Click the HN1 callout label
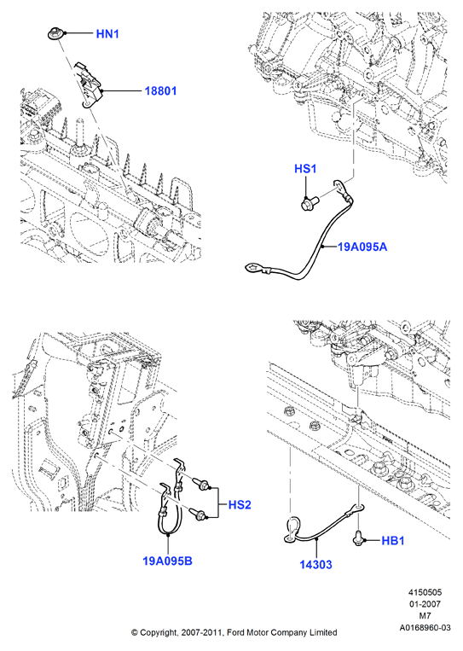pyautogui.click(x=107, y=33)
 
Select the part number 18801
pyautogui.click(x=160, y=90)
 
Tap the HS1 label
pyautogui.click(x=305, y=169)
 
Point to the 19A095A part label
pyautogui.click(x=362, y=247)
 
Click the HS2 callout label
pyautogui.click(x=240, y=505)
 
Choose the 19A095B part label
pyautogui.click(x=167, y=561)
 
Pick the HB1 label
pyautogui.click(x=392, y=541)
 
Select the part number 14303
pyautogui.click(x=316, y=565)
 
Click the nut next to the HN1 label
pyautogui.click(x=55, y=33)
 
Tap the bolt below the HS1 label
pyautogui.click(x=309, y=203)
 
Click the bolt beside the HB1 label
pyautogui.click(x=357, y=538)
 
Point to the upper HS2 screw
pyautogui.click(x=200, y=484)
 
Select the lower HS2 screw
pyautogui.click(x=199, y=514)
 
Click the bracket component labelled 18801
pyautogui.click(x=90, y=85)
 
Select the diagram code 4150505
pyautogui.click(x=425, y=592)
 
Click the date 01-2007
pyautogui.click(x=425, y=604)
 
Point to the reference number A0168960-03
pyautogui.click(x=425, y=628)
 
